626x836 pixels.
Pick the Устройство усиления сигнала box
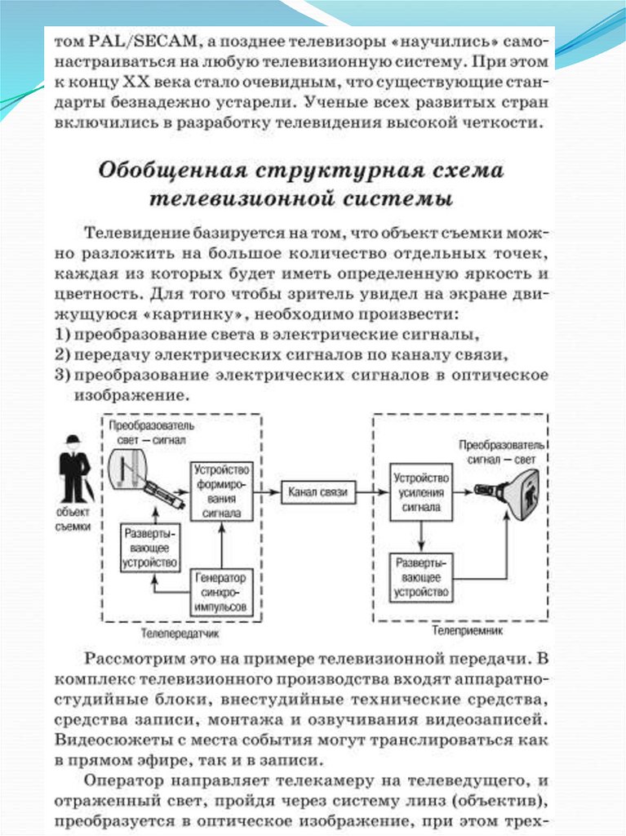coord(420,492)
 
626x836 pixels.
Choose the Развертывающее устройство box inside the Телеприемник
coord(421,576)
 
